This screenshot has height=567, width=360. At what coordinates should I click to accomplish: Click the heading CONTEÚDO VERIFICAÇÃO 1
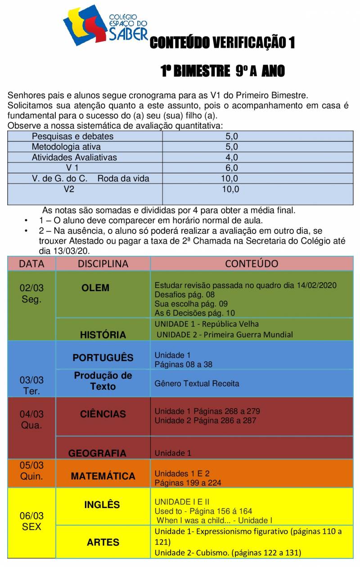[x=222, y=43]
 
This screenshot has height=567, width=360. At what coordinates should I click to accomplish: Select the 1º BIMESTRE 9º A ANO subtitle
[x=223, y=71]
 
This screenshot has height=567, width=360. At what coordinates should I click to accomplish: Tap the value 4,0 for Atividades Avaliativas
[x=231, y=157]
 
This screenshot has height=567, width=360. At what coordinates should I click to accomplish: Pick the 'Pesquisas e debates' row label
[x=72, y=136]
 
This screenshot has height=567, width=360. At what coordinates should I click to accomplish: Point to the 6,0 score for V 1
[x=231, y=168]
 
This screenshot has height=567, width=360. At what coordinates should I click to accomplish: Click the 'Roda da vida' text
[x=123, y=179]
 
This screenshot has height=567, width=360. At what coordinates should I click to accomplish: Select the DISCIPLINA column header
[x=103, y=264]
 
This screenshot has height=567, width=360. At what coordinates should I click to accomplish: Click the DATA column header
[x=31, y=264]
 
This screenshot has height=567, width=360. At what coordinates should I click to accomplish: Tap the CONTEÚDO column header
[x=252, y=264]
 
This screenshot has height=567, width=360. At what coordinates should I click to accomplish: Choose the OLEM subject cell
[x=95, y=288]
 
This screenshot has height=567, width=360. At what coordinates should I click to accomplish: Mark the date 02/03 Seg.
[x=31, y=293]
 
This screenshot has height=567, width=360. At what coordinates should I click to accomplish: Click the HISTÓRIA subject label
[x=103, y=335]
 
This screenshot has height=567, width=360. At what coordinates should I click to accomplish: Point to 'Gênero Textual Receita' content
[x=197, y=384]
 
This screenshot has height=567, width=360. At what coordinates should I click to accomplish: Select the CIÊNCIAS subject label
[x=103, y=414]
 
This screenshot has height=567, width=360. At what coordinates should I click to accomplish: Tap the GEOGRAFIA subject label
[x=97, y=453]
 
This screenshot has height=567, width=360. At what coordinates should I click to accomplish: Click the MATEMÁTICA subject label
[x=103, y=476]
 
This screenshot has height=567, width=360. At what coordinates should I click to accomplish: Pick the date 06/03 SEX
[x=31, y=521]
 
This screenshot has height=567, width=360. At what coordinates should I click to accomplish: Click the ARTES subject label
[x=103, y=542]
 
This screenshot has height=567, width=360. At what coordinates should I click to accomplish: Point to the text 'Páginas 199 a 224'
[x=188, y=483]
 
